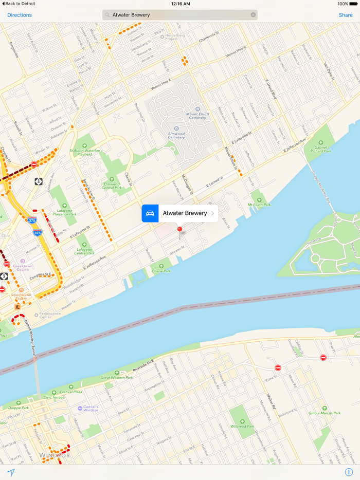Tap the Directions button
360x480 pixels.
(20, 15)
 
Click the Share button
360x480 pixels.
(345, 15)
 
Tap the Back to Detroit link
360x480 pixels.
(19, 4)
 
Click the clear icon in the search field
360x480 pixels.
(253, 15)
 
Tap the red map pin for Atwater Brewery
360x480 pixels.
(179, 230)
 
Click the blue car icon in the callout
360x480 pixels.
(150, 213)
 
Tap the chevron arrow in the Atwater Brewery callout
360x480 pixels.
(213, 213)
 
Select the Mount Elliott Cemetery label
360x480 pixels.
(196, 115)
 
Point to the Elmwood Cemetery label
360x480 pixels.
(176, 135)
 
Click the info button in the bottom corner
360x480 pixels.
(349, 472)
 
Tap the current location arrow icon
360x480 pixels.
(11, 472)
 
